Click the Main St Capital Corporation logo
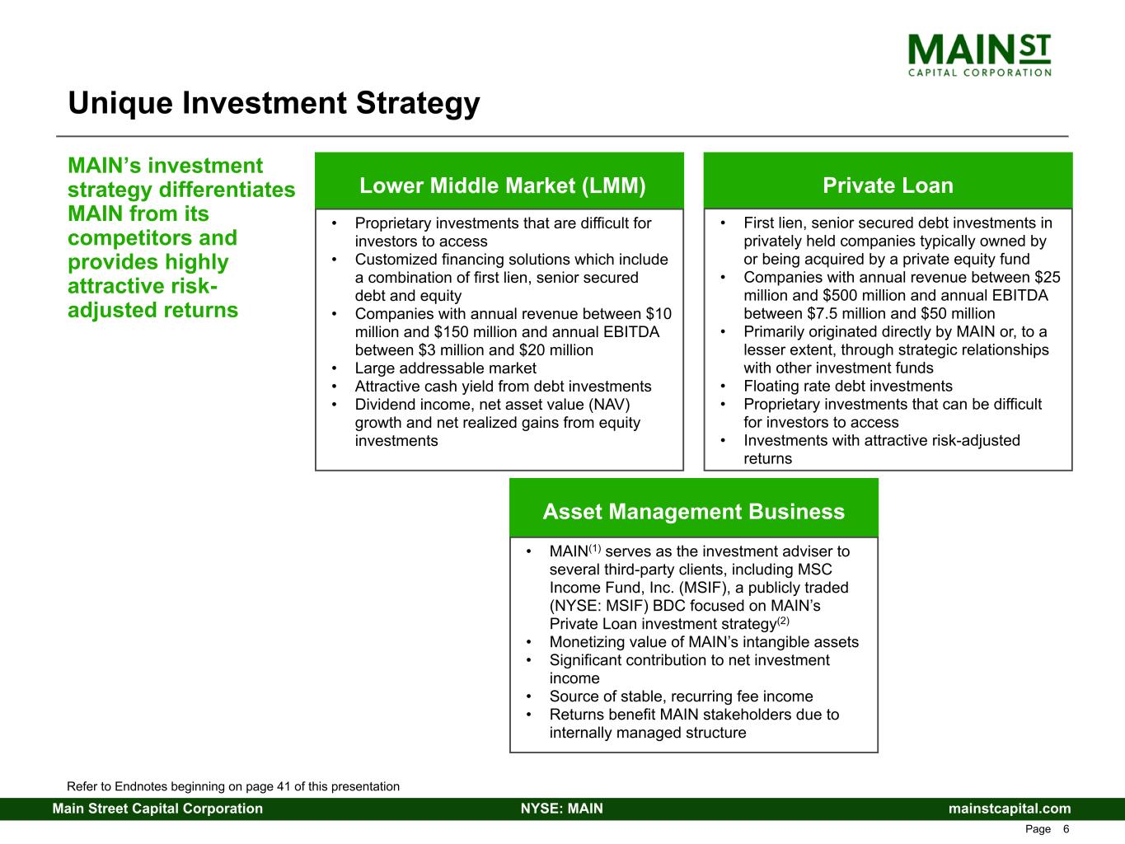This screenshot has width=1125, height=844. point(979,55)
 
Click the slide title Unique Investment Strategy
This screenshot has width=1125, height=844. point(274,103)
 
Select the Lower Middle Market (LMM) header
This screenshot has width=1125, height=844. point(502,185)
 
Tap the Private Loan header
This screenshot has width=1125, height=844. point(888,185)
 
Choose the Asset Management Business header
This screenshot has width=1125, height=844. point(694,511)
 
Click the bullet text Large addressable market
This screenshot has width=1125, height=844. point(445,368)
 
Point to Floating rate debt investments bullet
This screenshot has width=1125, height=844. point(848,386)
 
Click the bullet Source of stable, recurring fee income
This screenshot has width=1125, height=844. point(681,696)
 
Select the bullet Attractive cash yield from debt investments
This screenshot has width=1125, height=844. point(503,386)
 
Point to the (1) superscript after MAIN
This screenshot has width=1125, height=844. point(594,548)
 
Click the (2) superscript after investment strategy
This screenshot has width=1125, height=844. point(783,621)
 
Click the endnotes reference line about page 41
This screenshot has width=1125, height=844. point(233,786)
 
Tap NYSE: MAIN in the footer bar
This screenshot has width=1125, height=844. point(562,809)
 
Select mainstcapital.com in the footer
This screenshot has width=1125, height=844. point(1010,809)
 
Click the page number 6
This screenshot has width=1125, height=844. point(1066,829)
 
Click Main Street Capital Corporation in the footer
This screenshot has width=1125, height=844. point(157,809)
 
